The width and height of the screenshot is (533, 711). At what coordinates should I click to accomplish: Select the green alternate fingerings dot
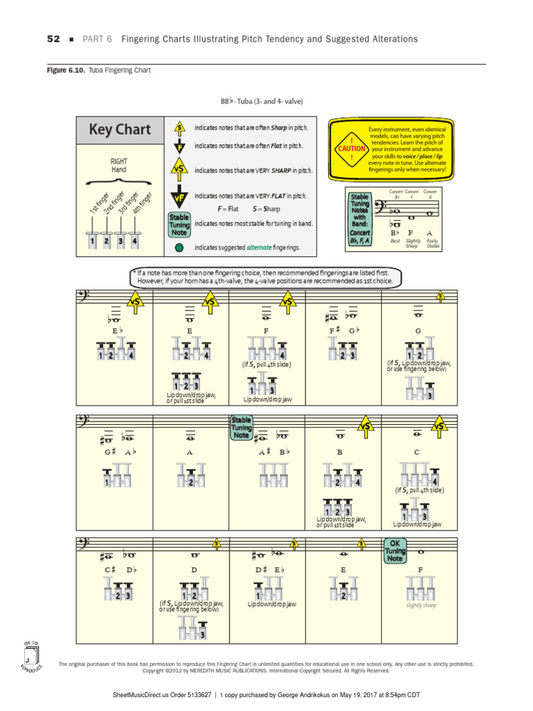tap(180, 246)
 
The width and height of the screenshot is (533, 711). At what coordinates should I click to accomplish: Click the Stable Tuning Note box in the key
tap(179, 224)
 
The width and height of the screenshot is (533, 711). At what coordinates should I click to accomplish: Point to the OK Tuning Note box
tap(395, 551)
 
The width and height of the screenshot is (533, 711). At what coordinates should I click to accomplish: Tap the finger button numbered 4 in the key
tap(135, 242)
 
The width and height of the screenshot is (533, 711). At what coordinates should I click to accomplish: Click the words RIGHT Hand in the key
tap(119, 165)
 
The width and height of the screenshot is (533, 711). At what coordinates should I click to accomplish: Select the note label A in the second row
tap(189, 452)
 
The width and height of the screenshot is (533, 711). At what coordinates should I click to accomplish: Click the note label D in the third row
tap(194, 570)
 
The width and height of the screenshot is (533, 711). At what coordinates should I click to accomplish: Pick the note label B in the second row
tap(340, 452)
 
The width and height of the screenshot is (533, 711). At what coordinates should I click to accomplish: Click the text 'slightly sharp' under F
tap(420, 605)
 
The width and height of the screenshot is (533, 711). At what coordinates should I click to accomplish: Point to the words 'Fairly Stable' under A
tap(432, 243)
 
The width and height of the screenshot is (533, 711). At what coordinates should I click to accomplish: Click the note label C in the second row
tap(418, 452)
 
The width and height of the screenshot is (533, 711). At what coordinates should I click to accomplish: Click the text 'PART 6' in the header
tap(98, 39)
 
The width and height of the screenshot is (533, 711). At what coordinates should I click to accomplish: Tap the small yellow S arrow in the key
tap(180, 128)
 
